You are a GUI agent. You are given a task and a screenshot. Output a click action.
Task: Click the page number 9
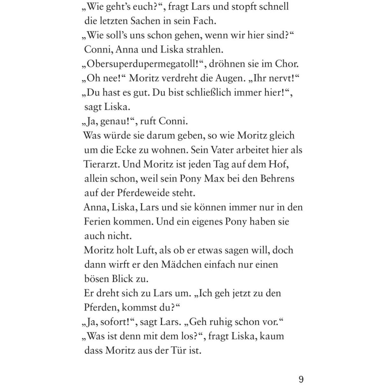coord(301,379)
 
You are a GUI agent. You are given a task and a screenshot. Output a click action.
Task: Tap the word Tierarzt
coord(101,164)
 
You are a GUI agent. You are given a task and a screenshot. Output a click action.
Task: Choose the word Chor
coord(287,64)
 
